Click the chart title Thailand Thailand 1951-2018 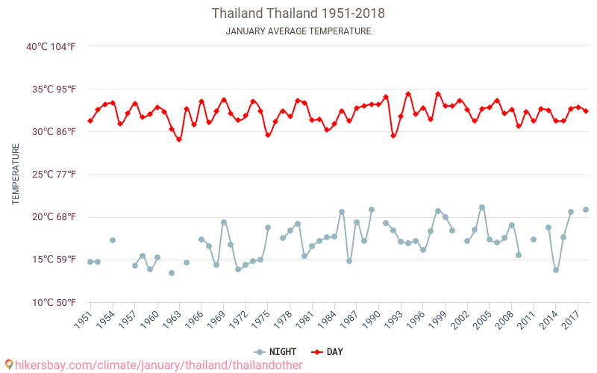click(298, 13)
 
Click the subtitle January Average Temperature click(298, 31)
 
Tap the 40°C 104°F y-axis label click(51, 47)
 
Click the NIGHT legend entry click(275, 351)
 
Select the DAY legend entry click(328, 351)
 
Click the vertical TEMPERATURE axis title click(16, 174)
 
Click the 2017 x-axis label click(569, 320)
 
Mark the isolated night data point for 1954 click(113, 240)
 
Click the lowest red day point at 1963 click(179, 140)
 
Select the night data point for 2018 click(586, 210)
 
